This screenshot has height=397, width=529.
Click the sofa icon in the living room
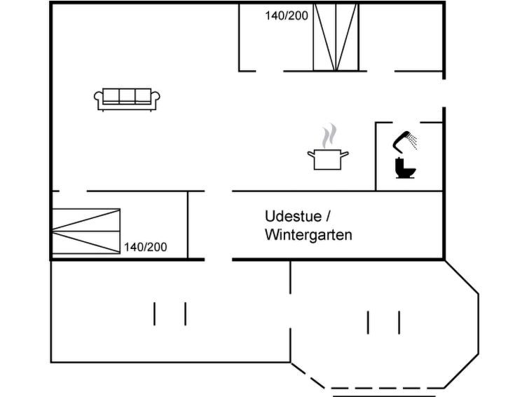coord(127,100)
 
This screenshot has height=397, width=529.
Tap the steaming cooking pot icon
coord(328,147)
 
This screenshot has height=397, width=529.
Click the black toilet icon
coord(405,168)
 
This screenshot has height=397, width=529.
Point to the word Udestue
coord(293,216)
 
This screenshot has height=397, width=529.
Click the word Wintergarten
coord(308,235)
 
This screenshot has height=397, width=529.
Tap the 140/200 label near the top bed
coord(287,15)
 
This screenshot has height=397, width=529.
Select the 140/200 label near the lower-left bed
coord(146,247)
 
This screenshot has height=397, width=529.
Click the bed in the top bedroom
coord(336,37)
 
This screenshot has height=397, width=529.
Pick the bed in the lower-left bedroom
coord(86,231)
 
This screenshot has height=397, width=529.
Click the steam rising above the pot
coord(329,136)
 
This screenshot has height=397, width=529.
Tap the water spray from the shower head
coord(412,141)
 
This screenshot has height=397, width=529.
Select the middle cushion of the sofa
coord(128,95)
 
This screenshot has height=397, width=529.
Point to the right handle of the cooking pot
coord(344,154)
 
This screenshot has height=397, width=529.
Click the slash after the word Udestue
coord(328,216)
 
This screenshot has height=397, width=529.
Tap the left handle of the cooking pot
coord(311,154)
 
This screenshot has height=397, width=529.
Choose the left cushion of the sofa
coord(111,95)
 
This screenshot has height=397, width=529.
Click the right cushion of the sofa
coord(143,95)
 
